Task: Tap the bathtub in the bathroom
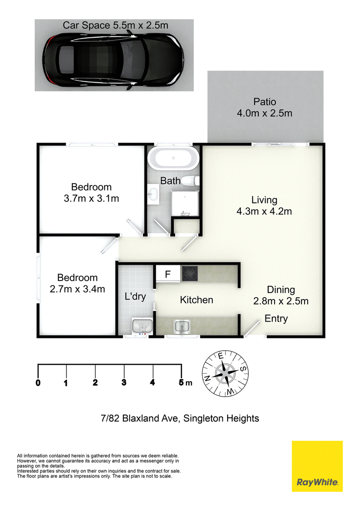(x=173, y=158)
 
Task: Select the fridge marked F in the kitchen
(x=168, y=274)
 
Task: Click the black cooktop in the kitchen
(x=190, y=273)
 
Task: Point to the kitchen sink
(x=182, y=326)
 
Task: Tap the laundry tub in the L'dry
(x=142, y=326)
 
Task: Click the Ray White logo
(x=317, y=466)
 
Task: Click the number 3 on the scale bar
(x=124, y=382)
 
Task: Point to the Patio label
(x=265, y=102)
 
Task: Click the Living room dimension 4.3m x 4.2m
(x=264, y=211)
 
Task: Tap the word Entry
(x=276, y=318)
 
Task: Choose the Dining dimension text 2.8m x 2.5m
(x=281, y=301)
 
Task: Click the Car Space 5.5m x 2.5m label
(x=115, y=25)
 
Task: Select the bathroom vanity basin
(x=153, y=194)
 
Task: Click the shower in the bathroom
(x=185, y=203)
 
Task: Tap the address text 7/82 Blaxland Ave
(x=140, y=418)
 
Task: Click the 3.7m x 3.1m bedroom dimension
(x=91, y=198)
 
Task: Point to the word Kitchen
(x=197, y=299)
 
